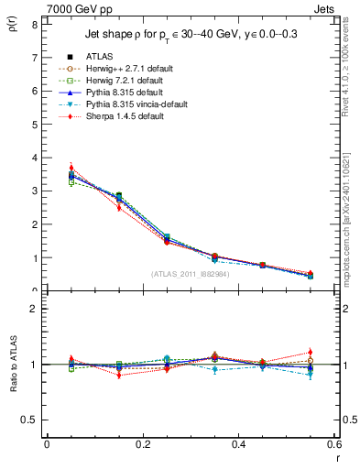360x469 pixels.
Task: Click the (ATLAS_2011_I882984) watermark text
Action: [x=190, y=274]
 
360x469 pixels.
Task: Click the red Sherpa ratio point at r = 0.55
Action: [x=311, y=352]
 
